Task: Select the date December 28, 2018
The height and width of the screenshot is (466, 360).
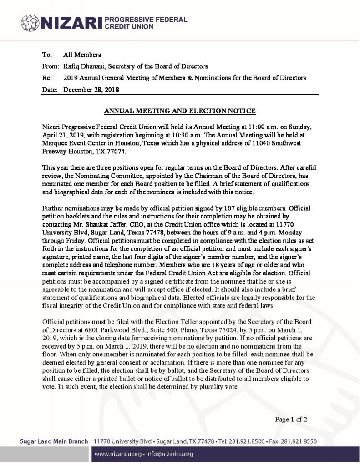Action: [91, 90]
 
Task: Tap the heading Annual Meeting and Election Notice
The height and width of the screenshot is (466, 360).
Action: [180, 111]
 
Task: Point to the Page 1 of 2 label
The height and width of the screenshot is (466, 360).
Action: [291, 419]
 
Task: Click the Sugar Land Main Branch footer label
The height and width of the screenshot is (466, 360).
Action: [54, 442]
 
